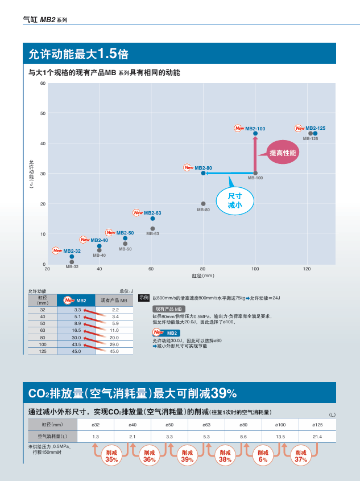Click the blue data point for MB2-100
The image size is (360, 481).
pos(255,133)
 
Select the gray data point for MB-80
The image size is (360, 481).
pos(203,203)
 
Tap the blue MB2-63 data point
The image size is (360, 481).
pos(152,219)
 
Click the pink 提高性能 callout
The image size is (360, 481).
pos(283,153)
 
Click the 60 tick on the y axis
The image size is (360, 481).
pos(43,84)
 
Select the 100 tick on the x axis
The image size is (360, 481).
pos(255,268)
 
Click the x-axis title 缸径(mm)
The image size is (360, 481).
pos(203,276)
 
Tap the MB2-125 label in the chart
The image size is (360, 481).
pos(316,128)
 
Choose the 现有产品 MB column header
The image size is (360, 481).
pos(114,300)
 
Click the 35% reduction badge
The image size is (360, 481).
pos(111,456)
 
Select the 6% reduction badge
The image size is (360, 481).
pos(263,456)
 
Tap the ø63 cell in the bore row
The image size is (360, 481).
pos(206,425)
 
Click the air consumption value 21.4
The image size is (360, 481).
pos(317,437)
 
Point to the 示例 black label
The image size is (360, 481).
pos(144,297)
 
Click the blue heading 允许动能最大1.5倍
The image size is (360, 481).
pos(78,54)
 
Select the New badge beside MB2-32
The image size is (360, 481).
pos(57,250)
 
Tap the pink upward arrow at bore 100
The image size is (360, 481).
pos(255,154)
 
